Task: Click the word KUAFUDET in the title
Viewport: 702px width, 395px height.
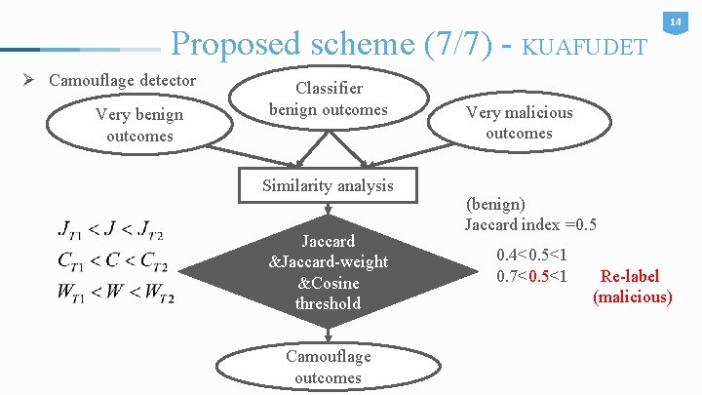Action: click(584, 46)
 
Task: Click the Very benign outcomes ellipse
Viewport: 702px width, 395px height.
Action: click(140, 126)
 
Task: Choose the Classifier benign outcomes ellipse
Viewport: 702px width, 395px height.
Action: click(328, 99)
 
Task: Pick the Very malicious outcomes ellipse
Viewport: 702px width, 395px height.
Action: click(519, 123)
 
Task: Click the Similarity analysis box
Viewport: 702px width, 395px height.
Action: click(327, 185)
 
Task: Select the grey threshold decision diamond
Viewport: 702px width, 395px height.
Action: click(328, 272)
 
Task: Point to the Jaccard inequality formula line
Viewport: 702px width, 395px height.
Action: click(111, 231)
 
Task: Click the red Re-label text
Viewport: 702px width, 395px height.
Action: click(630, 276)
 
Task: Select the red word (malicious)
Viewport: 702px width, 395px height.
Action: click(632, 296)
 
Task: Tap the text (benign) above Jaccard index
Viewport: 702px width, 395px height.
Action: click(495, 205)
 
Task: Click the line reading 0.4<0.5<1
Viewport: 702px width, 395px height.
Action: click(531, 256)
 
